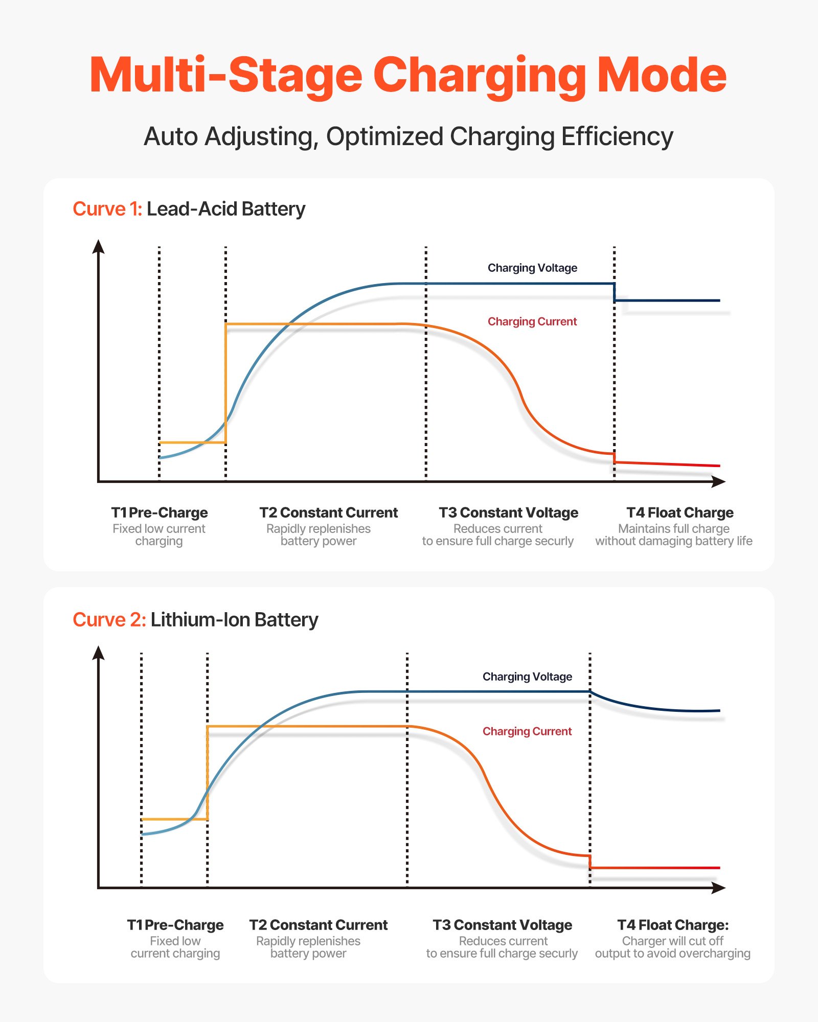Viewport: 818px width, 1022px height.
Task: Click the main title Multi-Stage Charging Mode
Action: click(408, 76)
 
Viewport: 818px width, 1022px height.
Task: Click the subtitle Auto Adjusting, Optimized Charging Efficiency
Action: click(408, 137)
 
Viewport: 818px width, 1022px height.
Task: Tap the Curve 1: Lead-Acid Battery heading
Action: click(189, 209)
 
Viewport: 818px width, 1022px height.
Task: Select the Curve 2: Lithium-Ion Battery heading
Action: click(195, 620)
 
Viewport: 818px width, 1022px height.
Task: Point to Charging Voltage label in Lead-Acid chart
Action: click(532, 268)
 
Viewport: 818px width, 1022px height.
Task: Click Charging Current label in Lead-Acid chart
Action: click(532, 321)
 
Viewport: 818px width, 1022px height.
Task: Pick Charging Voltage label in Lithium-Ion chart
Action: click(527, 677)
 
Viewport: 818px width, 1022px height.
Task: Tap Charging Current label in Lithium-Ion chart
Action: click(527, 731)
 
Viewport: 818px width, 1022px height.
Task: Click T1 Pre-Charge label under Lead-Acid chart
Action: click(160, 513)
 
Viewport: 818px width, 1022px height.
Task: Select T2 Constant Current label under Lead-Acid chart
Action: click(328, 513)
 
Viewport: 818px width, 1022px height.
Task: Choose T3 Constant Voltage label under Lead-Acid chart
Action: click(508, 513)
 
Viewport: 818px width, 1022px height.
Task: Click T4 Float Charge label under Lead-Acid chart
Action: click(680, 513)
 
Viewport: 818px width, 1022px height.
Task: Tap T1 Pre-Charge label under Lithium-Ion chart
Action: click(175, 925)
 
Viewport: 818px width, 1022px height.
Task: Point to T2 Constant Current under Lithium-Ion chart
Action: click(318, 925)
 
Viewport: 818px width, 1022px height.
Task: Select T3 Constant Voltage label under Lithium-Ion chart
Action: click(502, 925)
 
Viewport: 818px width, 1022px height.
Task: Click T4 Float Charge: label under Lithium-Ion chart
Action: click(673, 925)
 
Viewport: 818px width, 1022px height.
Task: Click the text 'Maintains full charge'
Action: click(674, 528)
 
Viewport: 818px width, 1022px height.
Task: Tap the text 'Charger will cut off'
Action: click(672, 941)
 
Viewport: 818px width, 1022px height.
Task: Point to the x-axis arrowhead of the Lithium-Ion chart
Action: click(719, 888)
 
